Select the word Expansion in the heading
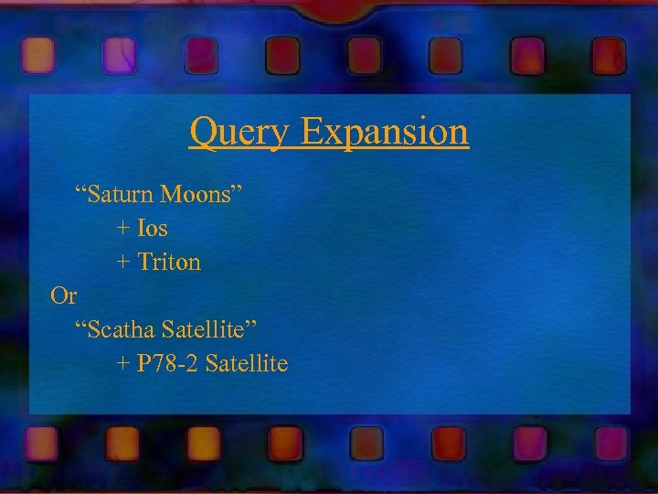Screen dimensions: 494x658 click(x=384, y=134)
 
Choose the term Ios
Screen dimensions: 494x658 click(x=153, y=228)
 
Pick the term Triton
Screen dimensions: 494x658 click(x=169, y=262)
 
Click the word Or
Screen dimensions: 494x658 click(x=64, y=296)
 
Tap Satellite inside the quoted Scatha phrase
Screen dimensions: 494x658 click(x=202, y=330)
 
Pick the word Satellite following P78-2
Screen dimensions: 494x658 click(x=247, y=364)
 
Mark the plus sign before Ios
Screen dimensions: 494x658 click(x=123, y=229)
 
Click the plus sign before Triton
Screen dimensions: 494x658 click(x=123, y=263)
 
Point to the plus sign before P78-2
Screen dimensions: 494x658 click(x=123, y=365)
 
